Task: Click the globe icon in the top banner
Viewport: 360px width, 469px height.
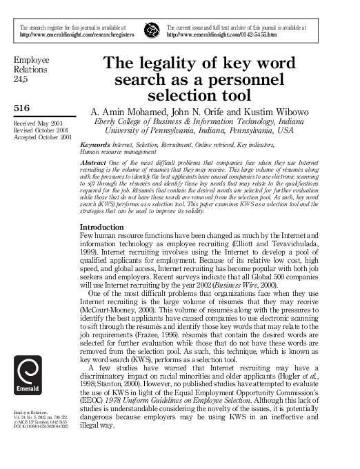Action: click(x=150, y=29)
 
